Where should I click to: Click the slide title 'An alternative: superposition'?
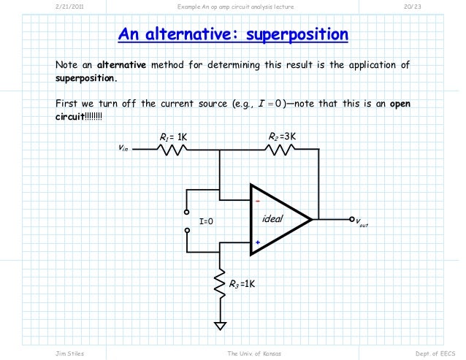pyautogui.click(x=233, y=35)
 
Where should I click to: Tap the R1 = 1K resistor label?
pyautogui.click(x=173, y=137)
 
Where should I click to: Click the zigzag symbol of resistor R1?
pyautogui.click(x=173, y=150)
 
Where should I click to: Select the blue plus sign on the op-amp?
pyautogui.click(x=257, y=243)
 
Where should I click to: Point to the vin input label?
pyautogui.click(x=123, y=148)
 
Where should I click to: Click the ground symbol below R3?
pyautogui.click(x=219, y=325)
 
